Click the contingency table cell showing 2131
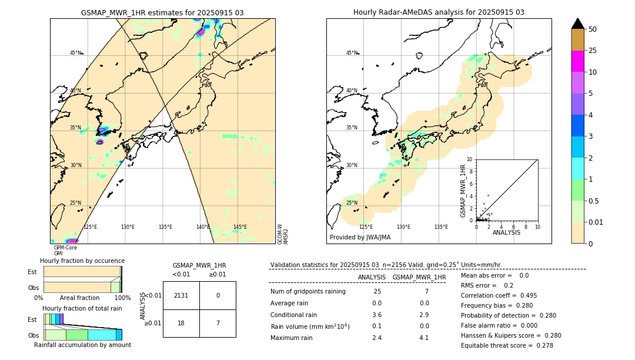click(x=181, y=295)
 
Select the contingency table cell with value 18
click(x=181, y=324)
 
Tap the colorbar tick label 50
click(x=593, y=29)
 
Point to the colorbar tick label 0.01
click(x=597, y=222)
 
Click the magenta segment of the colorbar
click(x=577, y=61)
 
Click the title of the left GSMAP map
click(x=162, y=12)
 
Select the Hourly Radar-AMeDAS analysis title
click(x=439, y=12)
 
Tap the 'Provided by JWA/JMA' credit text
click(x=360, y=237)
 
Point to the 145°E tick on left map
click(x=240, y=227)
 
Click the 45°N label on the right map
click(x=351, y=53)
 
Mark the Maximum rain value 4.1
click(x=423, y=338)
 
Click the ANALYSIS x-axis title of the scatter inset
click(x=506, y=232)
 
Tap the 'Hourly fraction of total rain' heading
click(x=82, y=308)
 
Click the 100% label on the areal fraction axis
click(x=122, y=298)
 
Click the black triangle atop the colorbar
click(x=577, y=24)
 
